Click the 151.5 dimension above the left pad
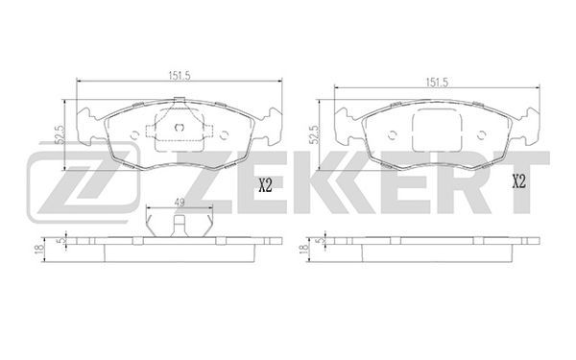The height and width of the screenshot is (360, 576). (179, 76)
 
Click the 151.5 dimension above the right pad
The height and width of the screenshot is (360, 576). (437, 83)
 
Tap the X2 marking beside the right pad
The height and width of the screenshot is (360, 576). (519, 182)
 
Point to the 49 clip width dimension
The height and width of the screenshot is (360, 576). (180, 203)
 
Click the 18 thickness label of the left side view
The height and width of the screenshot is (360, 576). (37, 249)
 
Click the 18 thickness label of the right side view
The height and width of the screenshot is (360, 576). (303, 249)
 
